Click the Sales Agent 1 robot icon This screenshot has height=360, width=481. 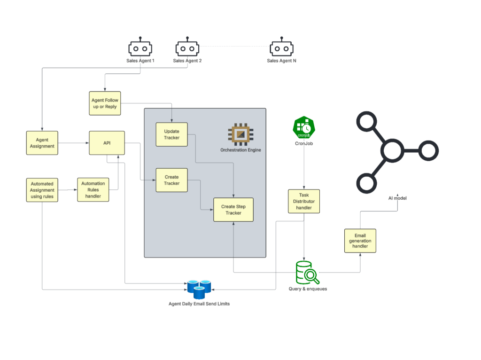click(x=140, y=48)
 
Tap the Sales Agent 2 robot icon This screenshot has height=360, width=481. click(x=187, y=48)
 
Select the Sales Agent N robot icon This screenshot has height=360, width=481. click(x=281, y=48)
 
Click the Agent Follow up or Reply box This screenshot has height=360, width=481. click(x=105, y=103)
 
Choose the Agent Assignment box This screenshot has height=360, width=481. click(x=42, y=143)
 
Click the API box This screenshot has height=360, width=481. click(x=107, y=143)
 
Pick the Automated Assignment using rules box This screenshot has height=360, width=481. click(x=42, y=190)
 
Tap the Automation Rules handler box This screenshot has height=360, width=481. click(x=93, y=190)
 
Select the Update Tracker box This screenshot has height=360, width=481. click(x=171, y=134)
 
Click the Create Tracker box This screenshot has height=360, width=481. click(x=171, y=180)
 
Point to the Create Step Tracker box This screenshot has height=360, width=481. click(x=233, y=210)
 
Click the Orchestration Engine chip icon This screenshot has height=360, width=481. click(x=240, y=134)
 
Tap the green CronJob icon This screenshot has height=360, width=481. click(x=303, y=127)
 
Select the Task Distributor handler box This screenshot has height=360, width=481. click(x=303, y=201)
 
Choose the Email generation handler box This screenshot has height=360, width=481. click(x=360, y=241)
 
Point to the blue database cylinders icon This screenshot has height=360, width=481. click(x=199, y=289)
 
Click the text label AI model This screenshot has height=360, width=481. click(x=397, y=198)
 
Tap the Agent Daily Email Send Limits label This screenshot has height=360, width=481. click(x=199, y=304)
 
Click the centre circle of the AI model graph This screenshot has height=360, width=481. click(x=392, y=151)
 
